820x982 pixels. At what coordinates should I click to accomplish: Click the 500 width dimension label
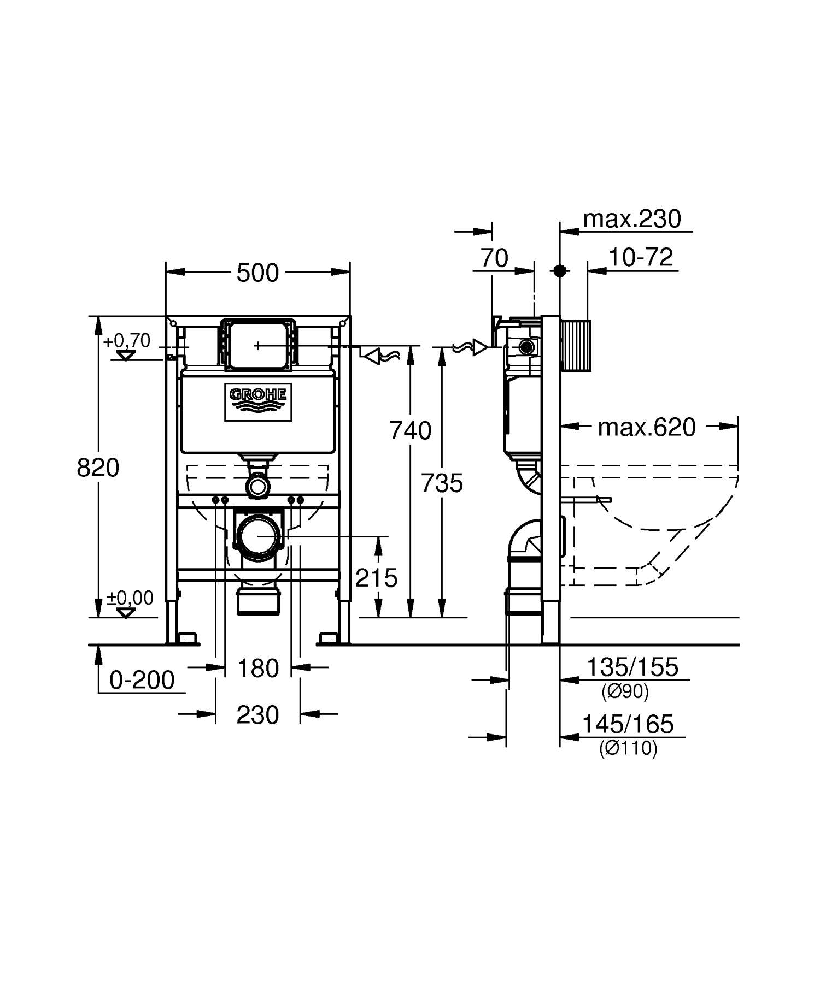(x=257, y=273)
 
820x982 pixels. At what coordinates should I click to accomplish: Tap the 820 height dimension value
(x=98, y=468)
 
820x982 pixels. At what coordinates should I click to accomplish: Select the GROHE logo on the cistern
(x=258, y=402)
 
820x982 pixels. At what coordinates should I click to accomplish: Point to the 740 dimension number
(x=411, y=431)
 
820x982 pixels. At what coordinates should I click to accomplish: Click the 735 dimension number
(x=442, y=483)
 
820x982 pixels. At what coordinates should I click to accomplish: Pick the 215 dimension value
(x=377, y=577)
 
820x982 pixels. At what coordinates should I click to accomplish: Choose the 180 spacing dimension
(x=259, y=668)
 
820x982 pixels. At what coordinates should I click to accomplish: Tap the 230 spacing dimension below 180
(x=258, y=714)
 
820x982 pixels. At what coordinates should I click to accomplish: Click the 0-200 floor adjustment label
(x=142, y=680)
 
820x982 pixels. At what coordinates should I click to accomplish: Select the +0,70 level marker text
(x=127, y=341)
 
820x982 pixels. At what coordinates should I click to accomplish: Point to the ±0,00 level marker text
(x=130, y=598)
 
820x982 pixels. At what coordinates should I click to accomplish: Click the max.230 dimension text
(x=632, y=219)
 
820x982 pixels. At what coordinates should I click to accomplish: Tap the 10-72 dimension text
(x=641, y=257)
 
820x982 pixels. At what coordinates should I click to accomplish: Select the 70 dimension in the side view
(x=494, y=258)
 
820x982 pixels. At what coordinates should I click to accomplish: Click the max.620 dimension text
(x=647, y=427)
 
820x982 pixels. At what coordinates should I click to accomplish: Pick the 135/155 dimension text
(x=632, y=667)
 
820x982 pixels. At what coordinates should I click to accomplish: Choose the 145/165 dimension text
(x=628, y=724)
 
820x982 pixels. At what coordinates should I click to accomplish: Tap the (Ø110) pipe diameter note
(x=628, y=748)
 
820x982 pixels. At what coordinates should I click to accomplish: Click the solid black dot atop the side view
(x=559, y=270)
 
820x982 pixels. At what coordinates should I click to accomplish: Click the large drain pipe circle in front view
(x=258, y=537)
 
